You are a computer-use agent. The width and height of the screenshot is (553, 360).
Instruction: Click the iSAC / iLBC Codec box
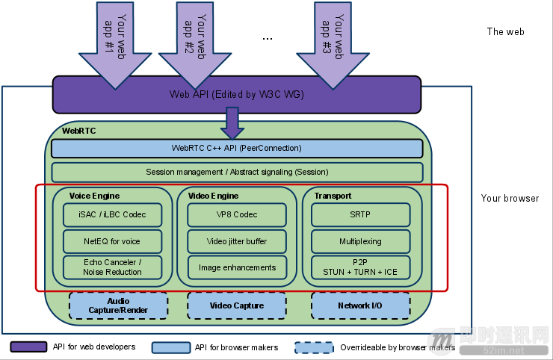point(112,214)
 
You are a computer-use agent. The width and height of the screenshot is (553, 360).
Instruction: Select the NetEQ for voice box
point(112,241)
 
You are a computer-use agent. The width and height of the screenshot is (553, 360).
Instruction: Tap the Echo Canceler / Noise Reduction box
point(112,267)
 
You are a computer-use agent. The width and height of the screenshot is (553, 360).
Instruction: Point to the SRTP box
point(360,214)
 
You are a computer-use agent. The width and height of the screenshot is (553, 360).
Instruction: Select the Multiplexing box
point(360,241)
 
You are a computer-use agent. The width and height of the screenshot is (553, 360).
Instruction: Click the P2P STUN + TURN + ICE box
point(360,267)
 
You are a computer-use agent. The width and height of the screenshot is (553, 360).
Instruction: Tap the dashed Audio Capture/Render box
point(118,305)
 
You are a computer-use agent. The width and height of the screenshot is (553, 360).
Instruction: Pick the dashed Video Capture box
point(237,305)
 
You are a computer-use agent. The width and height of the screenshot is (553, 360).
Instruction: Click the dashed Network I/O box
point(360,305)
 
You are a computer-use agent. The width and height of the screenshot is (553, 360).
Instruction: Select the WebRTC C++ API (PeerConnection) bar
point(237,148)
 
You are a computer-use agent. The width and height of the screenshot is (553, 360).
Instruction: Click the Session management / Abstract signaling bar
point(237,172)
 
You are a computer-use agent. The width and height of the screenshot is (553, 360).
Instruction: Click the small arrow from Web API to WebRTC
point(232,122)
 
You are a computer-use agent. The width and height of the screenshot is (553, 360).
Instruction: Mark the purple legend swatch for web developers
point(28,347)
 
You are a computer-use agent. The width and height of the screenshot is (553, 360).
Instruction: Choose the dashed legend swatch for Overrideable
point(314,347)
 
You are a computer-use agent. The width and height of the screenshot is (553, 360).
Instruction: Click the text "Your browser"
point(510,199)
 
